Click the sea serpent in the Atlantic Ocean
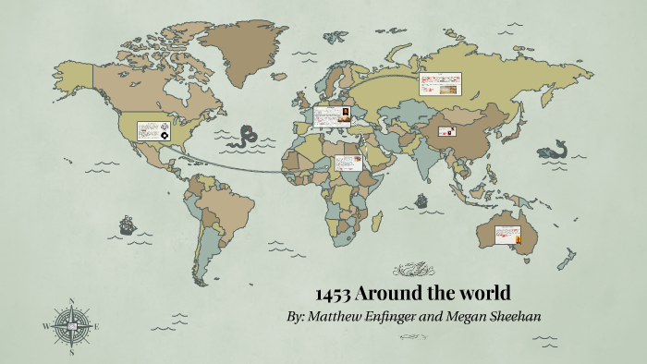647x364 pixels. pyautogui.click(x=245, y=139)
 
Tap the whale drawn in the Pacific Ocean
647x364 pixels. pyautogui.click(x=555, y=150)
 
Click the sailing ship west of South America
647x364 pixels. pyautogui.click(x=126, y=224)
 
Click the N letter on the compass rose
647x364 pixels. pyautogui.click(x=71, y=301)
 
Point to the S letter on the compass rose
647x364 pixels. pyautogui.click(x=71, y=351)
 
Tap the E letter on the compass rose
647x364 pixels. pyautogui.click(x=96, y=325)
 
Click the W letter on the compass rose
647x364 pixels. pyautogui.click(x=45, y=326)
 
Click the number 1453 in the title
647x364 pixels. pyautogui.click(x=332, y=295)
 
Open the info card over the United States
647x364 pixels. pyautogui.click(x=154, y=131)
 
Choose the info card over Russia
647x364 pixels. pyautogui.click(x=440, y=85)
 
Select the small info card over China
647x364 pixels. pyautogui.click(x=449, y=131)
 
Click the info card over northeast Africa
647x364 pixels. pyautogui.click(x=349, y=163)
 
